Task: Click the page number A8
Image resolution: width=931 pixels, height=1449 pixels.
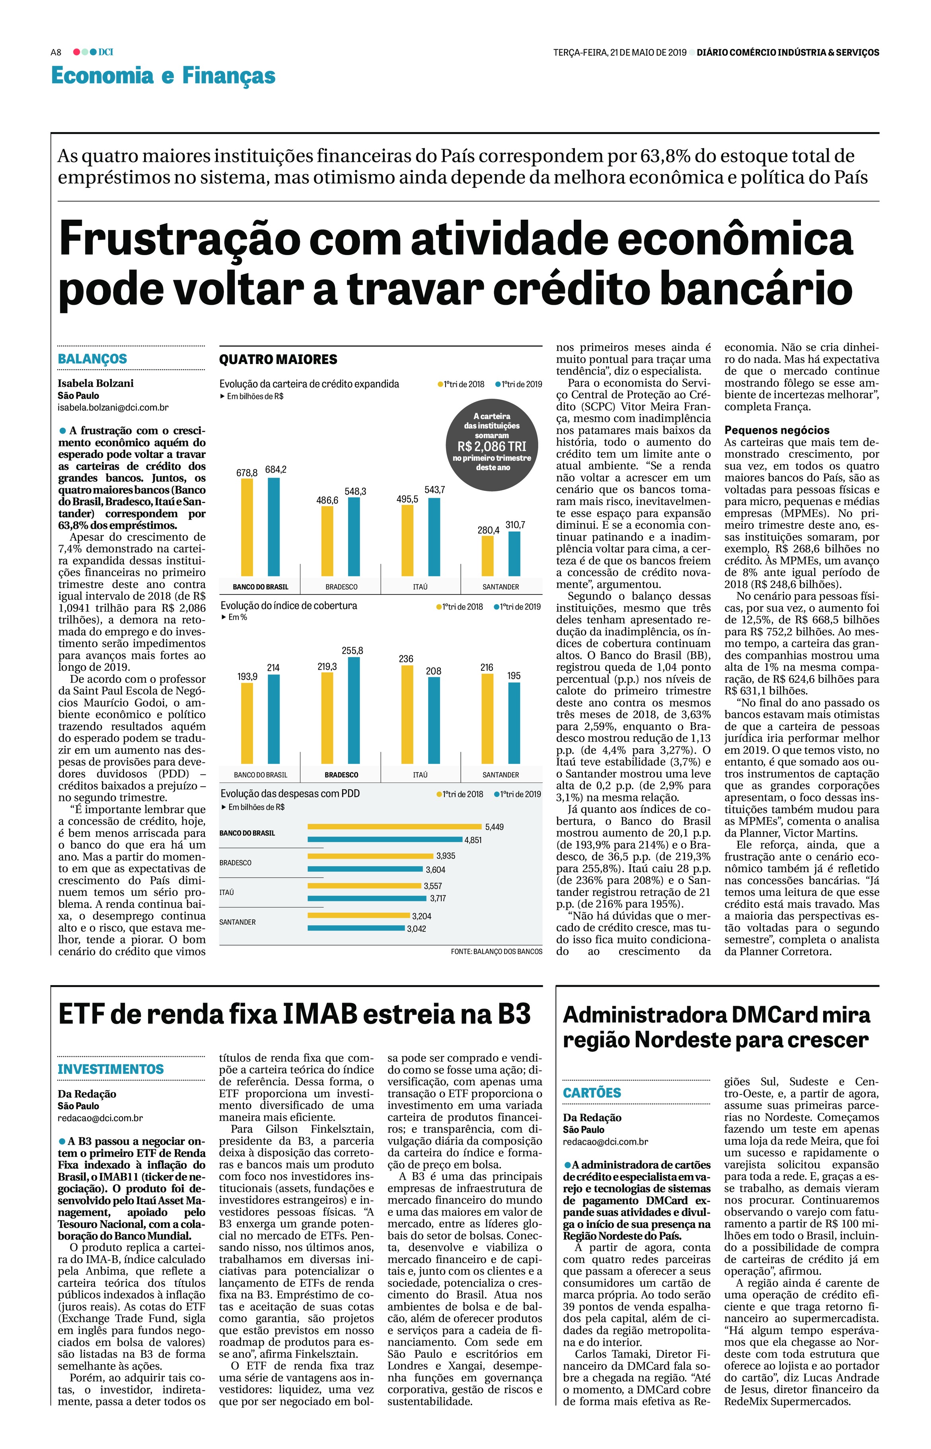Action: click(56, 53)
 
